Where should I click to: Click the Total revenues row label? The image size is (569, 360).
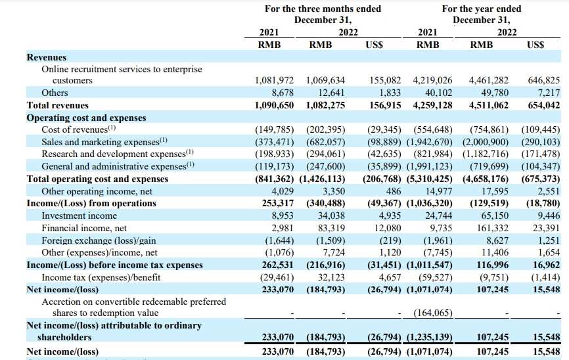[58, 105]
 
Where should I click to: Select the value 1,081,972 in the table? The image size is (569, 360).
[275, 80]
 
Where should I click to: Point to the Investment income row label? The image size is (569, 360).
[79, 215]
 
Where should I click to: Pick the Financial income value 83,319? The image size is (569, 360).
[331, 228]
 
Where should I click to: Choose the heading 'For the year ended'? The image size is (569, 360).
[482, 9]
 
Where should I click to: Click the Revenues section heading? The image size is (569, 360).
[47, 57]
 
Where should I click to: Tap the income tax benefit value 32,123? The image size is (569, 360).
[331, 277]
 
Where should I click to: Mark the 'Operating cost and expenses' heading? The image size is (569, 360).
[86, 118]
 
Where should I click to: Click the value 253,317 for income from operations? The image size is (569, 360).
[278, 203]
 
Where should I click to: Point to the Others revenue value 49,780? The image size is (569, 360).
[495, 93]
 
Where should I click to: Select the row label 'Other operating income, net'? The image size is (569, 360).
[97, 191]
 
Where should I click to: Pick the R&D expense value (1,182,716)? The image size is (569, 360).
[486, 154]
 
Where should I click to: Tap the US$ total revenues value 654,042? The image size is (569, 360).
[544, 105]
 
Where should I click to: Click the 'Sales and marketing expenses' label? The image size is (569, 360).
[101, 142]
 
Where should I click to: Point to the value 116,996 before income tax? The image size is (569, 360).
[492, 265]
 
